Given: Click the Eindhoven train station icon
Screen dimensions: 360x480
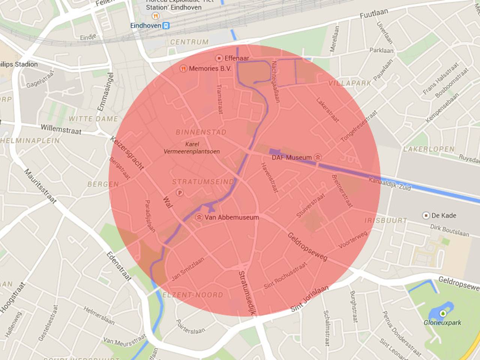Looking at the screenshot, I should [x=166, y=25].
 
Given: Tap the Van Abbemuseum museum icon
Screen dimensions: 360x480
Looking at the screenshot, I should [x=199, y=217].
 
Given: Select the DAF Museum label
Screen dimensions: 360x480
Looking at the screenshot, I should [x=292, y=157].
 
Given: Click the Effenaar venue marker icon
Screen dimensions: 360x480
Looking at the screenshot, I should [x=219, y=58].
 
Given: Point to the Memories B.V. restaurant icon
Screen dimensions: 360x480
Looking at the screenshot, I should [x=183, y=69].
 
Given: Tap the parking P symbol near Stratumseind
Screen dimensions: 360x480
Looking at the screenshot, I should [x=180, y=193].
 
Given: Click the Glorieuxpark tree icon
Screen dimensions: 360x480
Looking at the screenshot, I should [x=443, y=313].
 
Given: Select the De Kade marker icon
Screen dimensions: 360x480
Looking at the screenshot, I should [x=426, y=216].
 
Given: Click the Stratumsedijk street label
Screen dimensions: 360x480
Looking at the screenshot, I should [x=247, y=292].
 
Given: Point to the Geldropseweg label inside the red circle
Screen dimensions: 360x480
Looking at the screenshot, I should [x=307, y=246].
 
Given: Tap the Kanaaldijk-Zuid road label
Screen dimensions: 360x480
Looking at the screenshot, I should [x=390, y=183].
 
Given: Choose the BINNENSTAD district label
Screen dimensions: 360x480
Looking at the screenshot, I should [x=201, y=132].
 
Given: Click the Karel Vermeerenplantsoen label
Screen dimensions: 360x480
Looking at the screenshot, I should [x=192, y=148].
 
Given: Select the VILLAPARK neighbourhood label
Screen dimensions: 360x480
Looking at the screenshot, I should [x=349, y=83].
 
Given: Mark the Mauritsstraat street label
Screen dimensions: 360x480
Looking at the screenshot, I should [x=40, y=186].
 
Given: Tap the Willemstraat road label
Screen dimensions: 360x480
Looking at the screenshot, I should [x=61, y=129].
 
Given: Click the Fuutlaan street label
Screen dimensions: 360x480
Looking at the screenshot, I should [x=373, y=14].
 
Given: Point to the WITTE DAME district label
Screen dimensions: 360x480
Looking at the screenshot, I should [x=93, y=119].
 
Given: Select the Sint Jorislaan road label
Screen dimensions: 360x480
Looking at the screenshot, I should [x=309, y=298].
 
